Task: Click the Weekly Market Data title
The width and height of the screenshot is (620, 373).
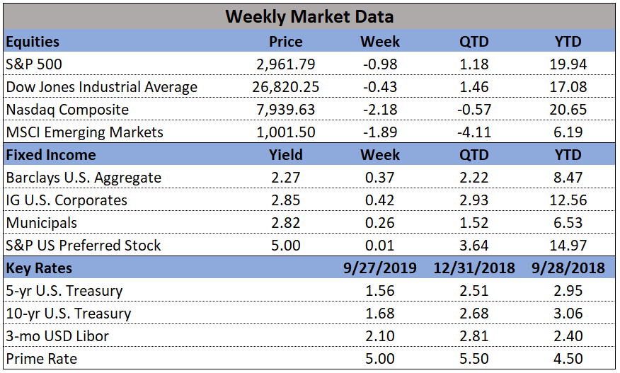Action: pyautogui.click(x=309, y=16)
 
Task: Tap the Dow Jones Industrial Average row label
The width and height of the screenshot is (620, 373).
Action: pyautogui.click(x=101, y=87)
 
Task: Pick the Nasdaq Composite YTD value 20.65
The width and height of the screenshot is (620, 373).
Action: pyautogui.click(x=568, y=110)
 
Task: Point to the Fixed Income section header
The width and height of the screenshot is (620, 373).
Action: pyautogui.click(x=50, y=155)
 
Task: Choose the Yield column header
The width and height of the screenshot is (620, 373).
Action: pyautogui.click(x=286, y=155)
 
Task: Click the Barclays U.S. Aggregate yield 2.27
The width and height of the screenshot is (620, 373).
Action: pyautogui.click(x=286, y=178)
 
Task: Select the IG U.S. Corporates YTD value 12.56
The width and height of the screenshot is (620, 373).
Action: pyautogui.click(x=568, y=200)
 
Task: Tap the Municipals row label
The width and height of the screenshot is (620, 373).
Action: pyautogui.click(x=41, y=223)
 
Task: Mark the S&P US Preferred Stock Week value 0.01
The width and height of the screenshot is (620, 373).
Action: pyautogui.click(x=380, y=246)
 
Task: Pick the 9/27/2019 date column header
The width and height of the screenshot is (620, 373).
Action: pyautogui.click(x=380, y=268)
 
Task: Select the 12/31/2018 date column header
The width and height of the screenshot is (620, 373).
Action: pyautogui.click(x=473, y=268)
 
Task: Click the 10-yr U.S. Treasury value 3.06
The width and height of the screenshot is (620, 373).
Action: pyautogui.click(x=568, y=314)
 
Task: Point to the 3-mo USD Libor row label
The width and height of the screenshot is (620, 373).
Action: pyautogui.click(x=57, y=336)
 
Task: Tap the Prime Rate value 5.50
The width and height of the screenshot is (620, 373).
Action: pyautogui.click(x=473, y=359)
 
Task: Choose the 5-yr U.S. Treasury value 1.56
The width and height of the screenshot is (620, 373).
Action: pyautogui.click(x=380, y=291)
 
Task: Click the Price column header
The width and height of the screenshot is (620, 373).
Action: pyautogui.click(x=286, y=42)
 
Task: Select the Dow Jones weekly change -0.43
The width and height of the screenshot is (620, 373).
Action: pyautogui.click(x=380, y=87)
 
